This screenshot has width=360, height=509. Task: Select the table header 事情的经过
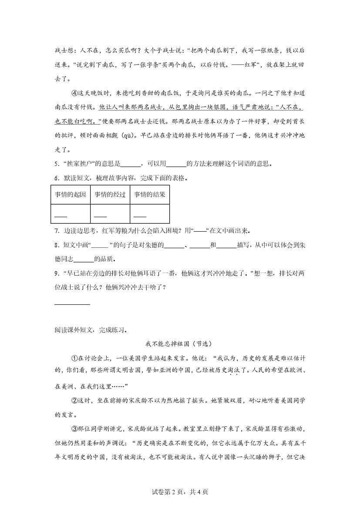(x=110, y=195)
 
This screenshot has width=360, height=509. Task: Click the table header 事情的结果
(x=149, y=195)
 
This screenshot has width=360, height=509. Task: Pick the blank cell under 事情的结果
(x=149, y=214)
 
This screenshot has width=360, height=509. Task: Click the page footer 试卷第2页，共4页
(x=180, y=492)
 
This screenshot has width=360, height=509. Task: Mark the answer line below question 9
(x=73, y=303)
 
